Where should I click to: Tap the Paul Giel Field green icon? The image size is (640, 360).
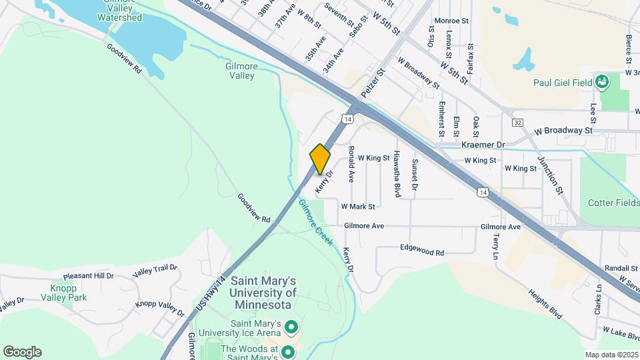tap(603, 82)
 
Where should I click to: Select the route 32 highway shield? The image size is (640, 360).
tap(518, 123)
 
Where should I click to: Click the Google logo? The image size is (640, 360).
tap(22, 352)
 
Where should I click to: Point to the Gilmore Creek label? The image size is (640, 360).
tap(315, 223)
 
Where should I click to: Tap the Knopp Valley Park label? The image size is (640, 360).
tap(68, 293)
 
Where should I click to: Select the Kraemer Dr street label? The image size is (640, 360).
tap(483, 144)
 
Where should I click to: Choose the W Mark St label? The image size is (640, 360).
tap(358, 207)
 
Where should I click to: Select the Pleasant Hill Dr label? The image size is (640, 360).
tap(89, 275)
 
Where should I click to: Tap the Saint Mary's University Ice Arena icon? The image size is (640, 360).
tap(291, 327)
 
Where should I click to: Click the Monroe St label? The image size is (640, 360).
tap(451, 21)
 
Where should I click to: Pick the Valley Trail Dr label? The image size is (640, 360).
tap(155, 270)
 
